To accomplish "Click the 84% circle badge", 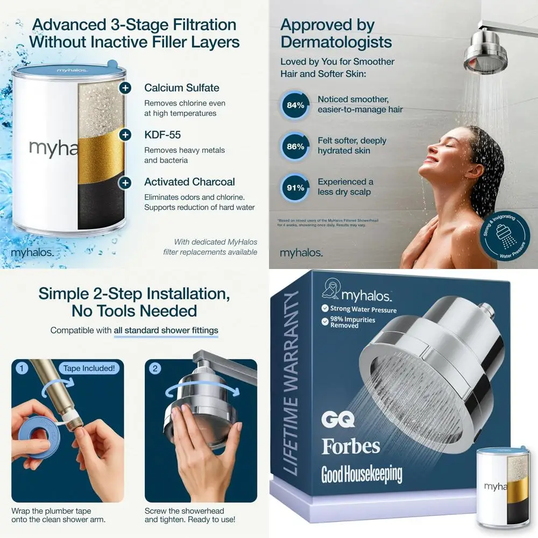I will click(x=295, y=105).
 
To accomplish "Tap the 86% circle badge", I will click(x=295, y=146).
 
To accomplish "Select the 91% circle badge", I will click(x=295, y=188).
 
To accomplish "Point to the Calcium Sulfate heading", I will click(x=181, y=88).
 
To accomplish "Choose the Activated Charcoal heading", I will click(x=189, y=182).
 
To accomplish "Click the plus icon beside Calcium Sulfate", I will click(x=125, y=88).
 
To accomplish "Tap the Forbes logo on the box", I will click(x=350, y=446).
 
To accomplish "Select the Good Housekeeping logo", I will click(x=362, y=474).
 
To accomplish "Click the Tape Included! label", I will click(x=89, y=369).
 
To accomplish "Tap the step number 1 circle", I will click(x=22, y=369).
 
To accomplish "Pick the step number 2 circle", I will click(x=155, y=369).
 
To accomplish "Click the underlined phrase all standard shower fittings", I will click(x=166, y=330).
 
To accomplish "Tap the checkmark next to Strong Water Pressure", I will click(x=325, y=309).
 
